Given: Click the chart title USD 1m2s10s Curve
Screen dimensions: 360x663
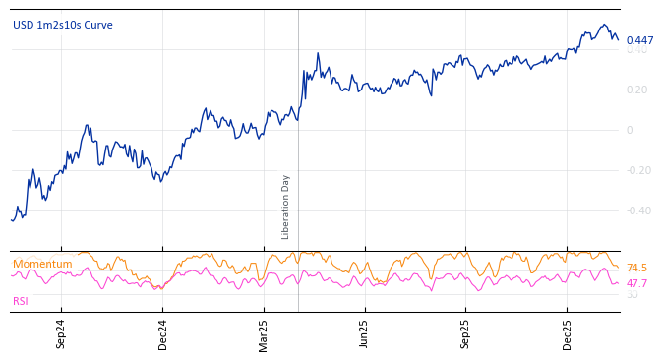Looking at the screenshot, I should coord(63,25).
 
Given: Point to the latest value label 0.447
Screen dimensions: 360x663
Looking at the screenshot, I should coord(639,40).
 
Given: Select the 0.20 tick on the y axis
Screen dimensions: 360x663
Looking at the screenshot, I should coord(636,90).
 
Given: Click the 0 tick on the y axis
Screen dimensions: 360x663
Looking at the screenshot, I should coord(630,130).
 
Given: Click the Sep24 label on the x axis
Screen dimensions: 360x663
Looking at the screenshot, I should coord(61,333).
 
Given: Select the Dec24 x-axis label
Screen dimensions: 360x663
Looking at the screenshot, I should coord(163,333).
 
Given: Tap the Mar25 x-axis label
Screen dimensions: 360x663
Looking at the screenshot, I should coord(264,333).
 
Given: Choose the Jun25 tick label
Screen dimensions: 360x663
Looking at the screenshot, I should coord(364,333).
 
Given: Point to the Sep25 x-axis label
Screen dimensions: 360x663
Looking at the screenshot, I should coord(465,333).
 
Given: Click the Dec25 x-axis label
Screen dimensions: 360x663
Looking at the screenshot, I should coord(567,333).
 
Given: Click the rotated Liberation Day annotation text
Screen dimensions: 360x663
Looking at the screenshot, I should coord(286,207).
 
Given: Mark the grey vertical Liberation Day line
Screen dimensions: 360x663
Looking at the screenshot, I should coord(298,148).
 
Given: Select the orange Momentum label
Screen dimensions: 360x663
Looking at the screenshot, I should coord(42,264).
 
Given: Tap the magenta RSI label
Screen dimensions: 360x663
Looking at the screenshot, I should coord(21,301).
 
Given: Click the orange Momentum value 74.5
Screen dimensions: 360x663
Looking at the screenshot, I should coord(636,268).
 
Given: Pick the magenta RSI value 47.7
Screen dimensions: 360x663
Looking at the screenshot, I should coord(636,283).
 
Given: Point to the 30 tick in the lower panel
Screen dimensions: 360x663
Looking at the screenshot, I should coord(632,294).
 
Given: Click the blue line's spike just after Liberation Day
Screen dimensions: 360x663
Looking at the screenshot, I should coord(318,54).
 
